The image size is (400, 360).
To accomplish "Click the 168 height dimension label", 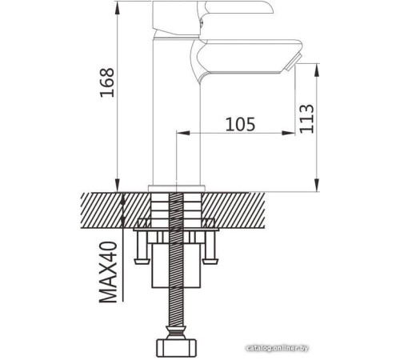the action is (107, 82).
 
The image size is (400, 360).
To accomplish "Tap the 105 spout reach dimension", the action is (240, 124).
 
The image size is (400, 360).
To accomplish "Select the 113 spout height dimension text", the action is (306, 118).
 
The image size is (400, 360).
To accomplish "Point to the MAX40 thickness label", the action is (108, 272).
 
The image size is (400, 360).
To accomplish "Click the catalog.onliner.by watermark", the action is (278, 348).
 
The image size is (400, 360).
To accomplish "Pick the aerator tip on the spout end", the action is (293, 62).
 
